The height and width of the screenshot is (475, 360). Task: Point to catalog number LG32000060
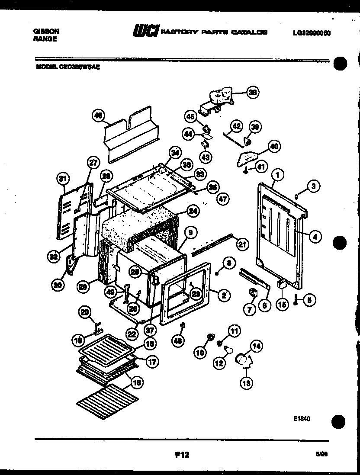click(312, 32)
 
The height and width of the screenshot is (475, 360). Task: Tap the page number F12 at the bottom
click(182, 455)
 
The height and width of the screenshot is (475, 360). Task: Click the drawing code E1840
click(302, 418)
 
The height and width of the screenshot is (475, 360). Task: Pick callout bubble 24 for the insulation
click(193, 211)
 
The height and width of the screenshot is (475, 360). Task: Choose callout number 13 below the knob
click(247, 382)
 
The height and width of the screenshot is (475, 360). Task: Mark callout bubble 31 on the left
click(64, 178)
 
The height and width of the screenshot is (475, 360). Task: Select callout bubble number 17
click(152, 362)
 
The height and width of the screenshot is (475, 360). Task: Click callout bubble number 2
click(224, 296)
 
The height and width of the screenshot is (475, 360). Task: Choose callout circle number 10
click(200, 353)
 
